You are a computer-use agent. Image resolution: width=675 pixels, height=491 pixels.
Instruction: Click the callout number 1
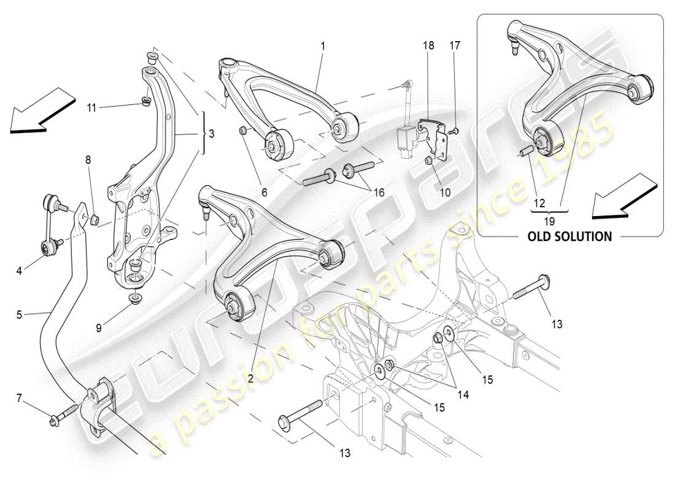pyautogui.click(x=323, y=45)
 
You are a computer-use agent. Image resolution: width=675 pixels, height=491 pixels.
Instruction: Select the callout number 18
pyautogui.click(x=428, y=45)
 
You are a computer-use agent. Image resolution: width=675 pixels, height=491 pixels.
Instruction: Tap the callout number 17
pyautogui.click(x=455, y=45)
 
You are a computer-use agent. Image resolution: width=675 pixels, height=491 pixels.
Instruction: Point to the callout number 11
pyautogui.click(x=91, y=107)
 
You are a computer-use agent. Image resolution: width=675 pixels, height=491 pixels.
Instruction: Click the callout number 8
pyautogui.click(x=88, y=160)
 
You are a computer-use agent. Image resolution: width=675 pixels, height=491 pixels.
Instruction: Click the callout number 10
pyautogui.click(x=445, y=191)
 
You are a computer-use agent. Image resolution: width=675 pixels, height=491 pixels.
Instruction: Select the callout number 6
pyautogui.click(x=264, y=191)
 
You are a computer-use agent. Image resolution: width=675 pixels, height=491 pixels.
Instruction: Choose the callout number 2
pyautogui.click(x=250, y=379)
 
